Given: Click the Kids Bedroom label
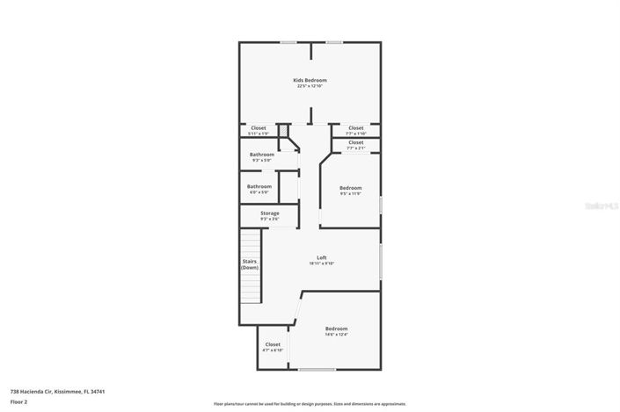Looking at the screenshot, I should (x=310, y=80).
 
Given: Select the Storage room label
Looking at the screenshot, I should (x=269, y=213).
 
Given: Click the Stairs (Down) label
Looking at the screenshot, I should (x=250, y=264).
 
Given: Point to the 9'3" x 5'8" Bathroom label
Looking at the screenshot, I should (x=261, y=155).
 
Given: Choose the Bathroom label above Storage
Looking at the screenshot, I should (x=259, y=186).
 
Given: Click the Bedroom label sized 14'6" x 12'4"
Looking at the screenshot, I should (x=336, y=329).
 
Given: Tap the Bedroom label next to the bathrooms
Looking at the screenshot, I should (x=350, y=188).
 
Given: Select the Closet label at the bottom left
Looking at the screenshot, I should (x=273, y=344).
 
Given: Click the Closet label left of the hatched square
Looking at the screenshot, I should (x=258, y=128).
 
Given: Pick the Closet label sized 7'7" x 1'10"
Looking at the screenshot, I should (x=355, y=128).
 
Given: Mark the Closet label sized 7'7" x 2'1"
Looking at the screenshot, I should (x=355, y=142).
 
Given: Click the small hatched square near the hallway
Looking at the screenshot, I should (x=284, y=132).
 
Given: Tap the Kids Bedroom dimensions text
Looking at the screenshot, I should (x=310, y=86).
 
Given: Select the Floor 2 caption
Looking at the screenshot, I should (x=19, y=401).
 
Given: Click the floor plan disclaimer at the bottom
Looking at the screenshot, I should (x=310, y=404).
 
